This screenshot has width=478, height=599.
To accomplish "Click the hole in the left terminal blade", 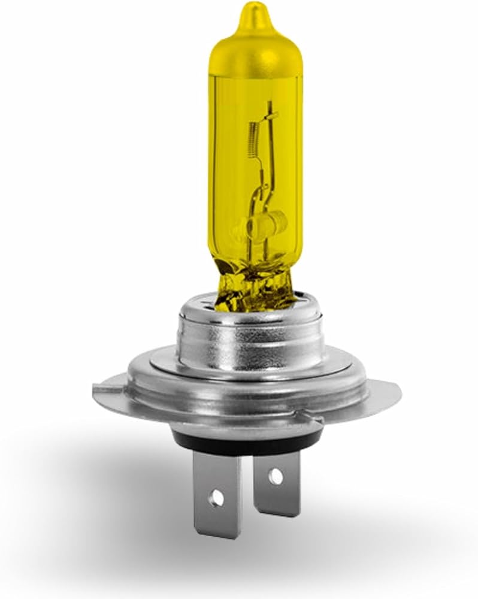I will click(217, 497).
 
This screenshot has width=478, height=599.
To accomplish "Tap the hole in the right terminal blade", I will click(274, 477).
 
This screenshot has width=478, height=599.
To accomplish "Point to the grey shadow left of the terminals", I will click(120, 479).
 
